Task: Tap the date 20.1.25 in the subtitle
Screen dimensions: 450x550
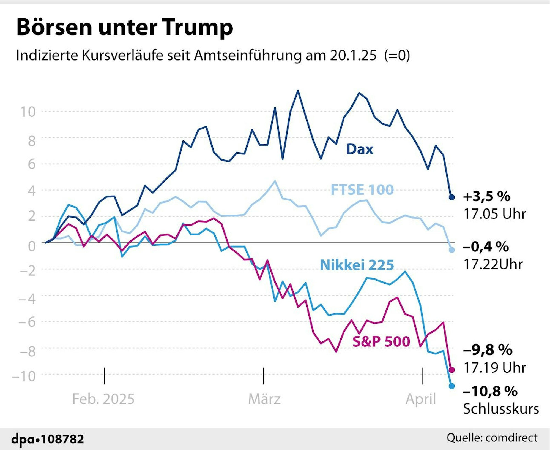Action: coord(353,56)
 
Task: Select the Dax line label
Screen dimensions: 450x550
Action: coord(359,150)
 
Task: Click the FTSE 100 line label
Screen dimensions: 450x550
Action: coord(362,190)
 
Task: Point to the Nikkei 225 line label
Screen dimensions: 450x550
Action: coord(357,265)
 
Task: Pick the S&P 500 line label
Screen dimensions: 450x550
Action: coord(381,342)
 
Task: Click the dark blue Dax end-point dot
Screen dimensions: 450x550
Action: coord(452,197)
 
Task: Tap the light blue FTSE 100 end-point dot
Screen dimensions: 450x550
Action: coord(452,250)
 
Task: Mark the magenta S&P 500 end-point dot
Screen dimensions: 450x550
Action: coord(452,370)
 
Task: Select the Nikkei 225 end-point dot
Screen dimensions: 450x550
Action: coord(452,386)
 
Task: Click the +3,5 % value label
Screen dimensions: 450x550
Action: coord(487,197)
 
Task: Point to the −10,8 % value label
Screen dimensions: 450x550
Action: coord(490,391)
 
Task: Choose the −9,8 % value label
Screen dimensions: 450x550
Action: coord(488,350)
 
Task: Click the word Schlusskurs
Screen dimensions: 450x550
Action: coord(501,409)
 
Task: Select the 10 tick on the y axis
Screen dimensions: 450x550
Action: coord(28,112)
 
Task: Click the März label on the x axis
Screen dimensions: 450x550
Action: coord(264,399)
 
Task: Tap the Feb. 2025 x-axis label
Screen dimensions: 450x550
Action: coord(103,399)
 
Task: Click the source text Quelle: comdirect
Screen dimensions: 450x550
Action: coord(492,438)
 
